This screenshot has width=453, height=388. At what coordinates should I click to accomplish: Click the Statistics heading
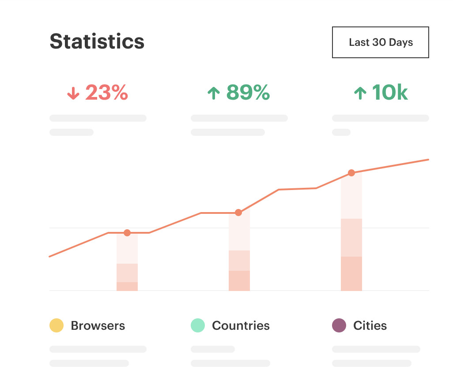[97, 41]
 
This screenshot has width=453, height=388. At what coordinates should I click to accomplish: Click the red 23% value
[106, 93]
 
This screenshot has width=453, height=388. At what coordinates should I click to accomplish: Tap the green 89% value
[248, 93]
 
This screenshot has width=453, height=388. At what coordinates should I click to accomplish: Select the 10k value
[389, 93]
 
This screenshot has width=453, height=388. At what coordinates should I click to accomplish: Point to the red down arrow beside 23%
[73, 93]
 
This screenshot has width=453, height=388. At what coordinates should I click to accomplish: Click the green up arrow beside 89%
[214, 93]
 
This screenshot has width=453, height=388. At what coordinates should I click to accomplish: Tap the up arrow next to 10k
[360, 93]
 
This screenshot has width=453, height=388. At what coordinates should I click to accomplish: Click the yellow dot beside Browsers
[57, 325]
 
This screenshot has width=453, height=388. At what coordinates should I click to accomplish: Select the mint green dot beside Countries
[198, 325]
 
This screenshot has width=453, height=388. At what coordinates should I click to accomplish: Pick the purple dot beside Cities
[339, 325]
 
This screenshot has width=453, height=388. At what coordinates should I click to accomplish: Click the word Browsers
[98, 326]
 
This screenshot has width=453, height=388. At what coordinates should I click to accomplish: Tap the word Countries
[241, 326]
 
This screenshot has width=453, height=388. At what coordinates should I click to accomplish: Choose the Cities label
[370, 326]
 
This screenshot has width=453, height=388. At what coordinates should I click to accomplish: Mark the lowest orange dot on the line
[127, 233]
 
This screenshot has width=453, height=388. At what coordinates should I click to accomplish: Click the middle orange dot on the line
[238, 213]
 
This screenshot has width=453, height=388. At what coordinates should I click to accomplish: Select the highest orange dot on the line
[351, 173]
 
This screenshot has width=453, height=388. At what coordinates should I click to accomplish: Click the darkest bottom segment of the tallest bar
[351, 273]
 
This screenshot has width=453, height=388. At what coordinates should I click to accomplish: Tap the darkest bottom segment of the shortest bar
[127, 286]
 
